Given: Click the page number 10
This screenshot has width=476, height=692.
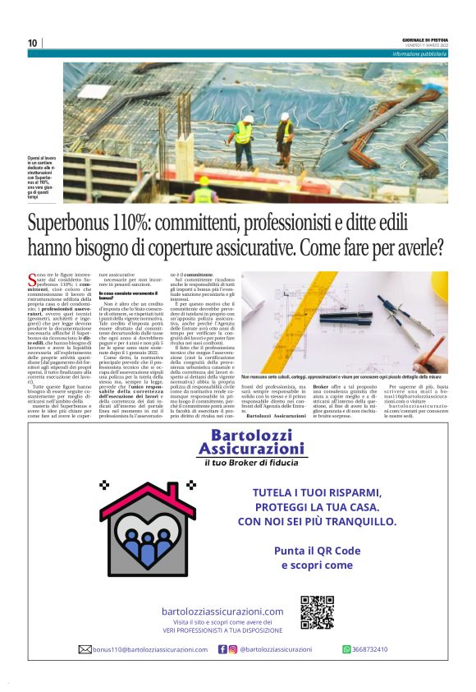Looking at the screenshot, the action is [x=32, y=43].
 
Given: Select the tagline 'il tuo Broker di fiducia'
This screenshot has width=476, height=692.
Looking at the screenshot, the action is [x=252, y=464].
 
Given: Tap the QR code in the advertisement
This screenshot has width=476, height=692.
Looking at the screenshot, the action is [x=317, y=611].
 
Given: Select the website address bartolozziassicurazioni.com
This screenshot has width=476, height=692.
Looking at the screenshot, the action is [x=222, y=611].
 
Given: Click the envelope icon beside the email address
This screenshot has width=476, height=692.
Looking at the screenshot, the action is [x=85, y=649].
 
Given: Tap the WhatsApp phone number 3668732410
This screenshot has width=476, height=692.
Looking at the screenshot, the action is [x=370, y=649].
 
